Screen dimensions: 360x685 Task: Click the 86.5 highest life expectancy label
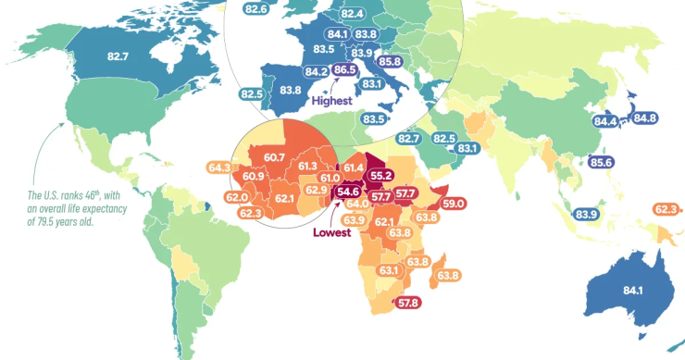pos(345,70)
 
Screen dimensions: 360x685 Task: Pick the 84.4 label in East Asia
pos(606,121)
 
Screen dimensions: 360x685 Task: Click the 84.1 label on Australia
pos(634,291)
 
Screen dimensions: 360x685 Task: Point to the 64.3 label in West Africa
pos(220,168)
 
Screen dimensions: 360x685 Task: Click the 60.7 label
pos(274,158)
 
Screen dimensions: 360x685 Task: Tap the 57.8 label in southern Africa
pos(407,303)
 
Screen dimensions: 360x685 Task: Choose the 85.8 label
pos(390,62)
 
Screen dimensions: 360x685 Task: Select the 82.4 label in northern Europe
pos(352,14)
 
